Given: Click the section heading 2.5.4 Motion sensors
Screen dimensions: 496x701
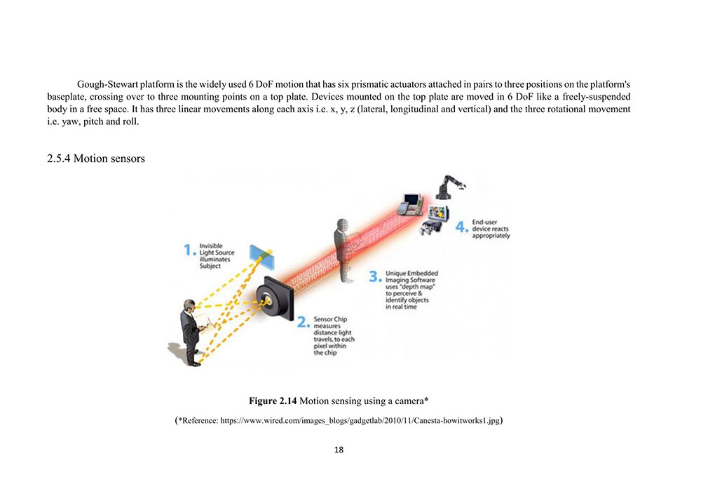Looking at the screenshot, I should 95,159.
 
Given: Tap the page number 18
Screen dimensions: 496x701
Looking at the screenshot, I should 339,450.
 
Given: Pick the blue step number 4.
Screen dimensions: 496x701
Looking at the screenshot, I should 461,228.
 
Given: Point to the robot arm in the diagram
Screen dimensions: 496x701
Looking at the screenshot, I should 449,187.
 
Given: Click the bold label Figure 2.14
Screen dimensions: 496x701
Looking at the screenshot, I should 273,401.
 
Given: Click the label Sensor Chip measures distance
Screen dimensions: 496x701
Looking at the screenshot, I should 334,335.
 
